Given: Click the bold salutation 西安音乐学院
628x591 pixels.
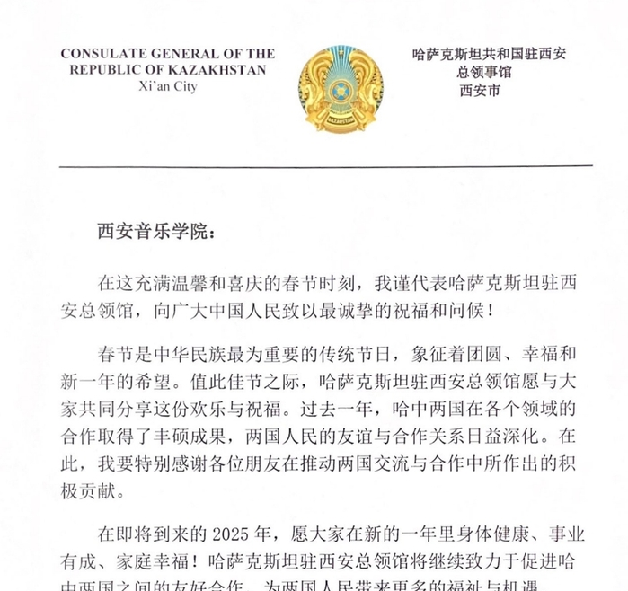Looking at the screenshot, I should click(x=150, y=231).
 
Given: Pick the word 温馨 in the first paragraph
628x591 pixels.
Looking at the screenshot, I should click(x=203, y=283).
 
